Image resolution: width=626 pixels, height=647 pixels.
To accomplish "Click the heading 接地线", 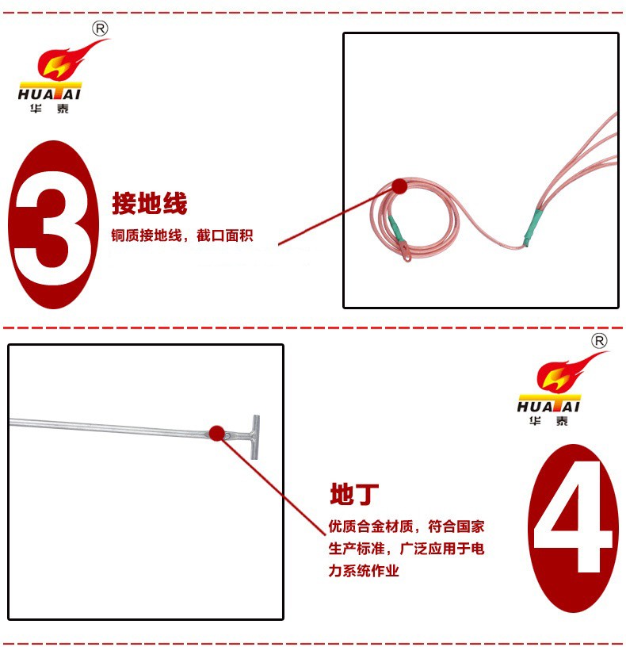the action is pos(150,203).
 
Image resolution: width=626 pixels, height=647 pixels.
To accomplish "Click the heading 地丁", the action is pos(354,494).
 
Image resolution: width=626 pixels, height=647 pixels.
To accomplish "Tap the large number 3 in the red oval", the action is pos(53,225).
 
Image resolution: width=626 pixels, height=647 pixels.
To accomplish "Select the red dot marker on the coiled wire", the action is pos(399,186).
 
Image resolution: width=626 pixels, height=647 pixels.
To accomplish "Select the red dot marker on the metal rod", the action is pos(216,433).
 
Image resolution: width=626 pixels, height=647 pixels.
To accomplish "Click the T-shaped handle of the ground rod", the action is pos(255,437).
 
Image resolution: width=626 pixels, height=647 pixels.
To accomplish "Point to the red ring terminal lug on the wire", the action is pos(405,251).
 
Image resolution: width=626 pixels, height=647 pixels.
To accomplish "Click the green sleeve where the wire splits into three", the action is pos(534,227).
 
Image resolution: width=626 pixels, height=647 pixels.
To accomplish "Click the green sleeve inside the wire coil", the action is pos(396,228).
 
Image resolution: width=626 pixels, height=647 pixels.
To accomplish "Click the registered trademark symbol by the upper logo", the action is pos(100,29).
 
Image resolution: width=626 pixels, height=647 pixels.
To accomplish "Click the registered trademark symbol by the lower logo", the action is pos(599,341).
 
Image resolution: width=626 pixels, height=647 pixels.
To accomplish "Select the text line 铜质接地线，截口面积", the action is pos(182,235).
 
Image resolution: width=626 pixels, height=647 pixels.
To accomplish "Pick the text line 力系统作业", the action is pos(364,571).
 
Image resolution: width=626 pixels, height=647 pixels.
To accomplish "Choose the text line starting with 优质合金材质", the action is pos(407,526).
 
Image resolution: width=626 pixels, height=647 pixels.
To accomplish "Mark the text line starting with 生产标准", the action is pos(407,549).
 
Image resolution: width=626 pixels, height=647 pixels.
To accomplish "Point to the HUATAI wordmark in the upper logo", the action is pos(49,94).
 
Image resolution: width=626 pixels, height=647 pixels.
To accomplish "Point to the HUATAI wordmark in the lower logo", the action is pos(548,407).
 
